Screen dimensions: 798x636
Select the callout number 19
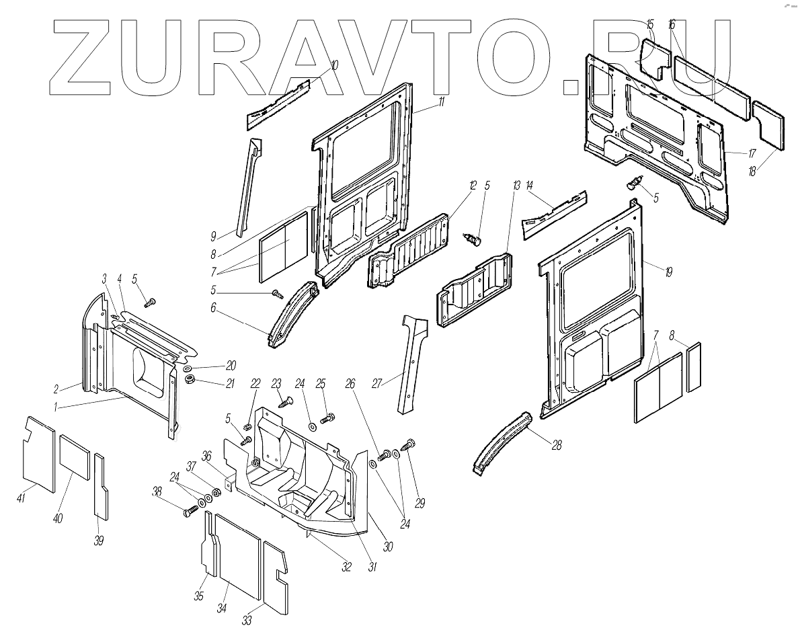point(669,272)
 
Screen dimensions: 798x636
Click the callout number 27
point(377,384)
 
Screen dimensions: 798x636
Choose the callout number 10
point(335,65)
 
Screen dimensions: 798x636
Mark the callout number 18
point(752,171)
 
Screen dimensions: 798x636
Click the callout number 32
point(346,567)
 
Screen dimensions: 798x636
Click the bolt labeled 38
point(188,512)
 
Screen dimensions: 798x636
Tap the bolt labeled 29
point(408,444)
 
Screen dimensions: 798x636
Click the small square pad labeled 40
point(74,455)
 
